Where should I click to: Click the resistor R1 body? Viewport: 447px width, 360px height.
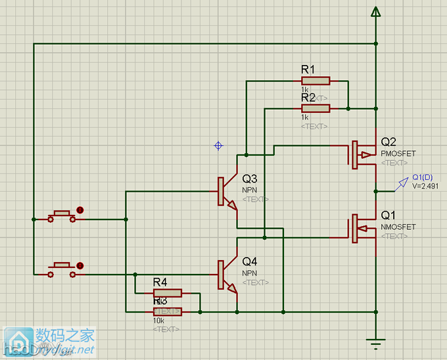pos(316,81)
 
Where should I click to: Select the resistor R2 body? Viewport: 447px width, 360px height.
pos(316,108)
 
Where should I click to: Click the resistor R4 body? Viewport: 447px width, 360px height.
pos(167,293)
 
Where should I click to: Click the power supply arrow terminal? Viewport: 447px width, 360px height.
pos(375,12)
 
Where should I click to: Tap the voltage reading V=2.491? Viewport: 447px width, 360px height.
pos(425,186)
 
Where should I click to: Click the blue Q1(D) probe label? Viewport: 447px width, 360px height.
pos(422,177)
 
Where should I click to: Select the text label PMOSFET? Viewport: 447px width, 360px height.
pos(398,154)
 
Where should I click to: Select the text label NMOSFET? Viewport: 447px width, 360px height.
pos(398,227)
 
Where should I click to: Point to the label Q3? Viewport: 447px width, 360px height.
pos(250,179)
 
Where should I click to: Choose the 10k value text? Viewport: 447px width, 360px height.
pos(158,321)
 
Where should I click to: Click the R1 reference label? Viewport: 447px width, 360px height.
pos(308,69)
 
